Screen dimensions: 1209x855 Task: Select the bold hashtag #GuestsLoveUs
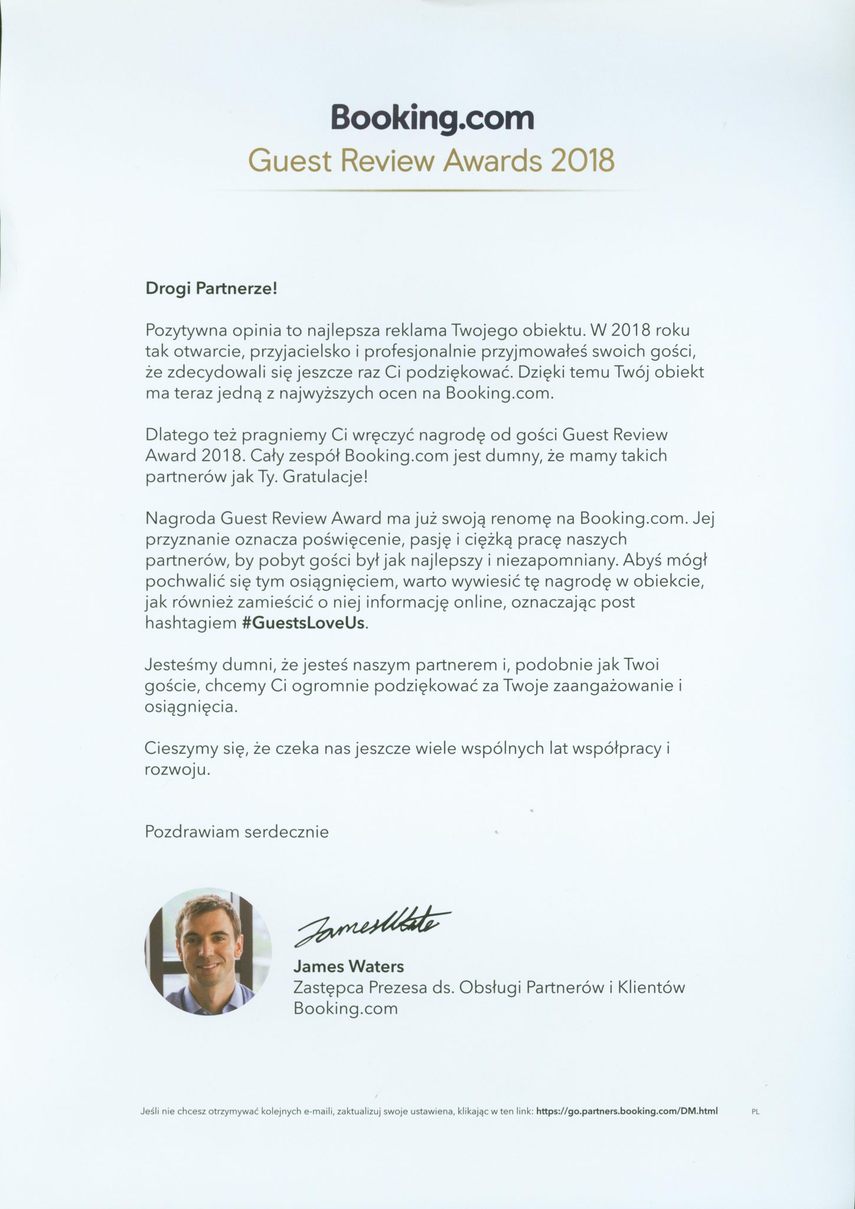point(304,623)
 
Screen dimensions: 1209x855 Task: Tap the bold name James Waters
point(348,966)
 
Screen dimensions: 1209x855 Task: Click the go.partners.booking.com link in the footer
point(627,1110)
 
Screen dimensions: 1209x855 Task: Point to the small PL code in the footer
point(755,1111)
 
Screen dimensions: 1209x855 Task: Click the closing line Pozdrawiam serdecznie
point(237,832)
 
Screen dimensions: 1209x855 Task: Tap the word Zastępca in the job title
point(327,987)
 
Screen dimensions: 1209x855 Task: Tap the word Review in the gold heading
point(378,160)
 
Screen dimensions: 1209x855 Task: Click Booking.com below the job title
point(345,1008)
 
